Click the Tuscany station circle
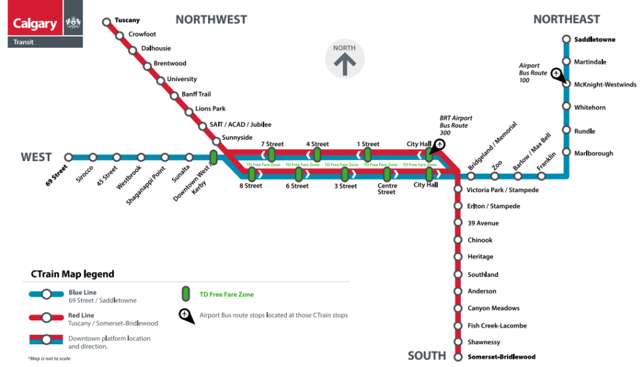coord(106,22)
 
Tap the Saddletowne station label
coord(594,40)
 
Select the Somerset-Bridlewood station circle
coord(458,357)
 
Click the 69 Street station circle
coord(68,157)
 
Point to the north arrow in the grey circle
coord(345,64)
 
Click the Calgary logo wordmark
coord(35,23)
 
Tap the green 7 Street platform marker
coord(272,154)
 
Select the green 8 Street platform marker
coord(252,174)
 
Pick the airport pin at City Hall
coord(438,145)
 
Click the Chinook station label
coord(480,240)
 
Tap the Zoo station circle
coord(494,176)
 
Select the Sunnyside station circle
coord(216,142)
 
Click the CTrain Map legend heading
coord(73,274)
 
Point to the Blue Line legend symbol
coord(47,294)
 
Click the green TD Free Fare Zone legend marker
coord(186,294)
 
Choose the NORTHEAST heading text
coord(567,20)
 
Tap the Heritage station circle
coord(458,257)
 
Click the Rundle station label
coord(584,131)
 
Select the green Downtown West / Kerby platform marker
coord(214,157)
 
